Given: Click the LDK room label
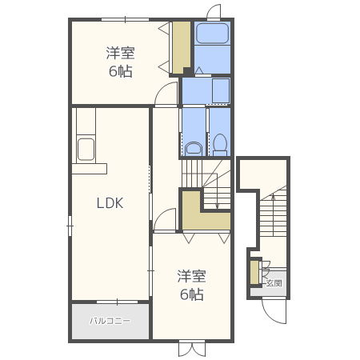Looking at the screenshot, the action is coord(110,203).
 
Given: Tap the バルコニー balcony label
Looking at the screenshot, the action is coord(110,321).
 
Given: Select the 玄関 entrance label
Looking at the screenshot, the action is coord(274,283).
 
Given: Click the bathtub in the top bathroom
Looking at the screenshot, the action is coord(212,34).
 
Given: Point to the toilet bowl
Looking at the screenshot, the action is coord(220,145).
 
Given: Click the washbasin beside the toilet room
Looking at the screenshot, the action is coord(194,148).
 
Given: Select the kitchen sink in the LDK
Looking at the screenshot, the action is coord(86,149).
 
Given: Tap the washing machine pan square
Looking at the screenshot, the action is coord(221,91).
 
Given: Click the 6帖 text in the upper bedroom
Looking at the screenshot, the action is coord(121,71).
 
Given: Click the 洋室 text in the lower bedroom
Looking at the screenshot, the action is coord(191,276).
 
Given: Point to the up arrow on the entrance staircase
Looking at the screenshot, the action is coord(273,210).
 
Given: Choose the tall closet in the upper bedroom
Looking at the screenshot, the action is coord(182,47).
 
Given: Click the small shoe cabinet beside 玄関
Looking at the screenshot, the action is coord(254,272).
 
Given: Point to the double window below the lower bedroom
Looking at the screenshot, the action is coord(192,348).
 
